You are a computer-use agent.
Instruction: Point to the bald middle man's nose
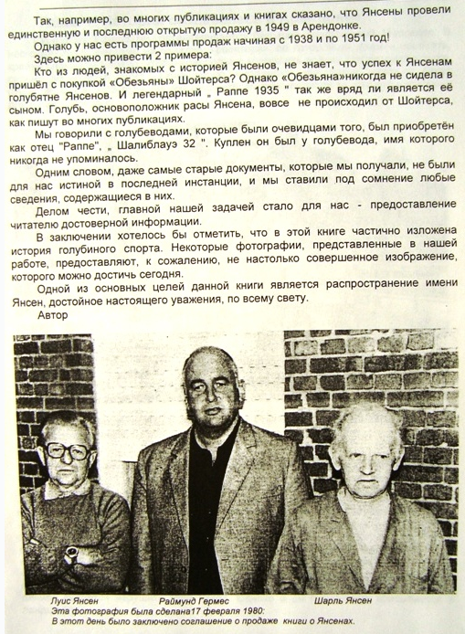[x=207, y=396]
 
